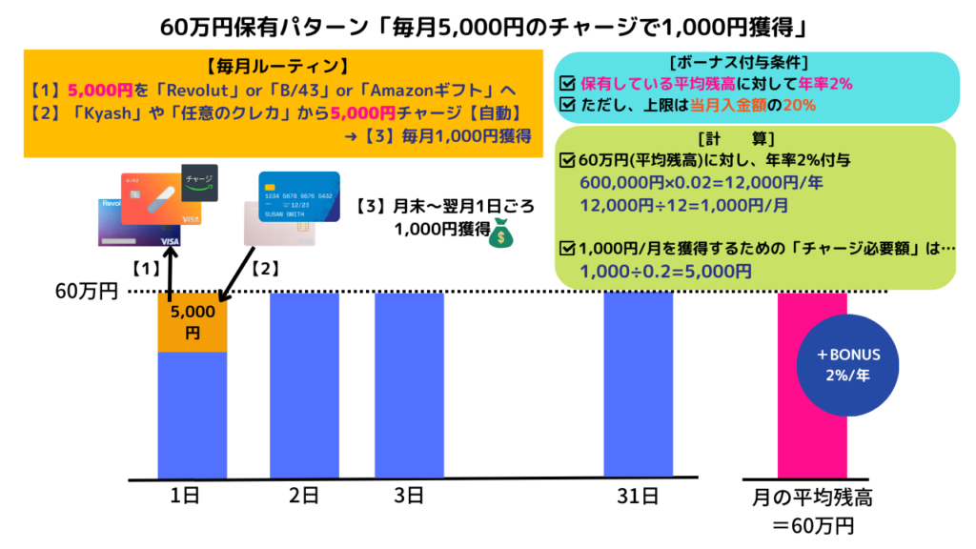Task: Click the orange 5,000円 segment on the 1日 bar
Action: click(192, 322)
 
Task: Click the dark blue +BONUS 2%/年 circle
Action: click(848, 363)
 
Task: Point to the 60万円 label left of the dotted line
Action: click(86, 292)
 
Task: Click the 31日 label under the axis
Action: click(638, 496)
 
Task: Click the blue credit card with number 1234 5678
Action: click(299, 195)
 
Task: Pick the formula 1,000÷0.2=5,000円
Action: click(664, 272)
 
